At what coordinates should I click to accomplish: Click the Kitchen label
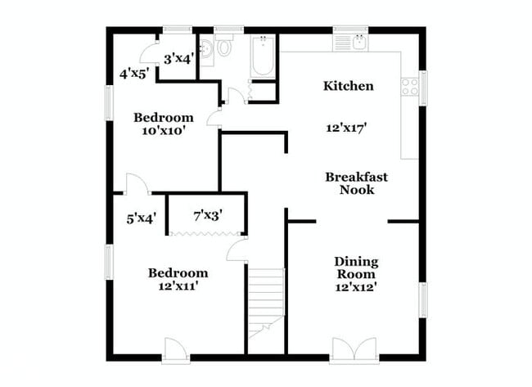pyautogui.click(x=349, y=86)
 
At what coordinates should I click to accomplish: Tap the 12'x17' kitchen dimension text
pyautogui.click(x=345, y=128)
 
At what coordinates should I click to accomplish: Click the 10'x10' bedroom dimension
pyautogui.click(x=163, y=130)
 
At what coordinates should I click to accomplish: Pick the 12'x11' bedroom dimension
pyautogui.click(x=177, y=286)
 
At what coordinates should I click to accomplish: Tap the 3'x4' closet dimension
pyautogui.click(x=178, y=59)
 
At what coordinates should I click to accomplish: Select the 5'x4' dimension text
pyautogui.click(x=141, y=218)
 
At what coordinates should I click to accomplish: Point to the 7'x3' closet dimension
pyautogui.click(x=208, y=216)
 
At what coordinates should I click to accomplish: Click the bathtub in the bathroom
pyautogui.click(x=264, y=57)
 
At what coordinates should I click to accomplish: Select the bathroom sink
pyautogui.click(x=205, y=50)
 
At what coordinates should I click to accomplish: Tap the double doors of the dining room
pyautogui.click(x=353, y=349)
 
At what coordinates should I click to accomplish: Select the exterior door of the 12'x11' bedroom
pyautogui.click(x=176, y=349)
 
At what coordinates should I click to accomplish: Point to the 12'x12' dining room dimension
pyautogui.click(x=356, y=287)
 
